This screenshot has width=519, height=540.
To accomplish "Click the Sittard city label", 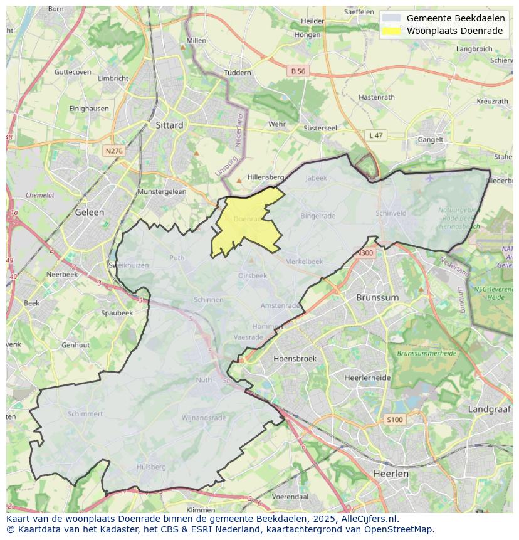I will (169, 125).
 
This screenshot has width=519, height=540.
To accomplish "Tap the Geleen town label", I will (89, 212).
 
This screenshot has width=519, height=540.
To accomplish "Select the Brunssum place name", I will (377, 297).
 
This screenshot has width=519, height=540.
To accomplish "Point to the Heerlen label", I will (391, 474).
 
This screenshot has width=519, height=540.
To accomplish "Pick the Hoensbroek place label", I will (295, 359).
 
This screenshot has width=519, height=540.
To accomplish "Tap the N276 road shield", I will (114, 151).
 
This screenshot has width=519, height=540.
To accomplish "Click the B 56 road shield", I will (298, 71).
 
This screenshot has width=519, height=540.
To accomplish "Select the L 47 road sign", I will (375, 135).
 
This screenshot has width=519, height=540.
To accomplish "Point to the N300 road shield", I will (364, 253).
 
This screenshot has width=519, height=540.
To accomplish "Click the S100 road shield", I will (395, 420).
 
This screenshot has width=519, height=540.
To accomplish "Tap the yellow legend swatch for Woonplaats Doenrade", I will (392, 31).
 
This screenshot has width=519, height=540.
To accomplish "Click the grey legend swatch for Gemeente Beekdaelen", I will (392, 18).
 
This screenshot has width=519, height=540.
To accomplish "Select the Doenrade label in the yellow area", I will (247, 219).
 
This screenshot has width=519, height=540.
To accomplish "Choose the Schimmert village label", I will (85, 414).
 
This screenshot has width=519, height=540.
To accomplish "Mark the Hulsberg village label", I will (151, 467).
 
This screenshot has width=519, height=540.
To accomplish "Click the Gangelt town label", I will (431, 140).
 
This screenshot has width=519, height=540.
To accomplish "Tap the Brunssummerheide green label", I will (426, 354).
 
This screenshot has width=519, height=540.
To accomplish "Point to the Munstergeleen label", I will (162, 191).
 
